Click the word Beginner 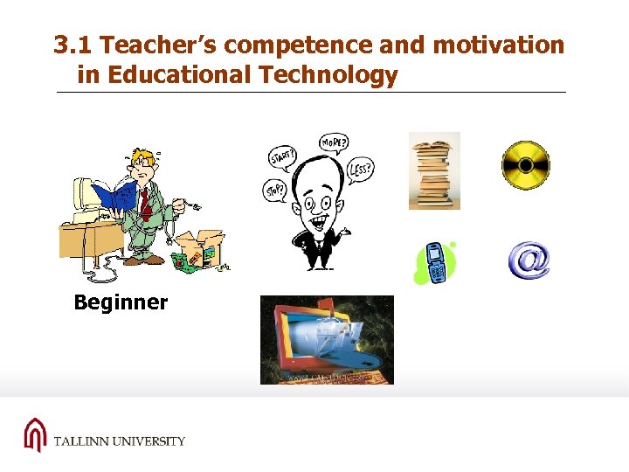121,303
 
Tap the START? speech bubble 282,158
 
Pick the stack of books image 434,171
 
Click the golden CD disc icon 525,165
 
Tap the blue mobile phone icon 434,262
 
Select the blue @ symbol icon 529,261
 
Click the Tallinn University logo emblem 34,434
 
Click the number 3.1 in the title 70,45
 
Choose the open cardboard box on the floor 203,248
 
